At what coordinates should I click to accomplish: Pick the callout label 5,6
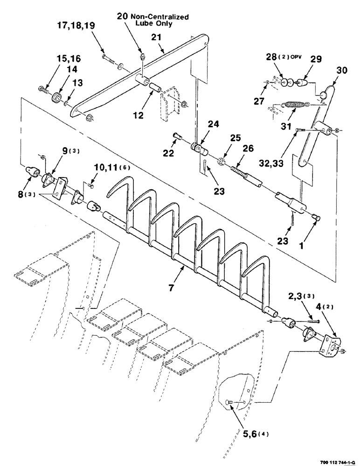[248, 433]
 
